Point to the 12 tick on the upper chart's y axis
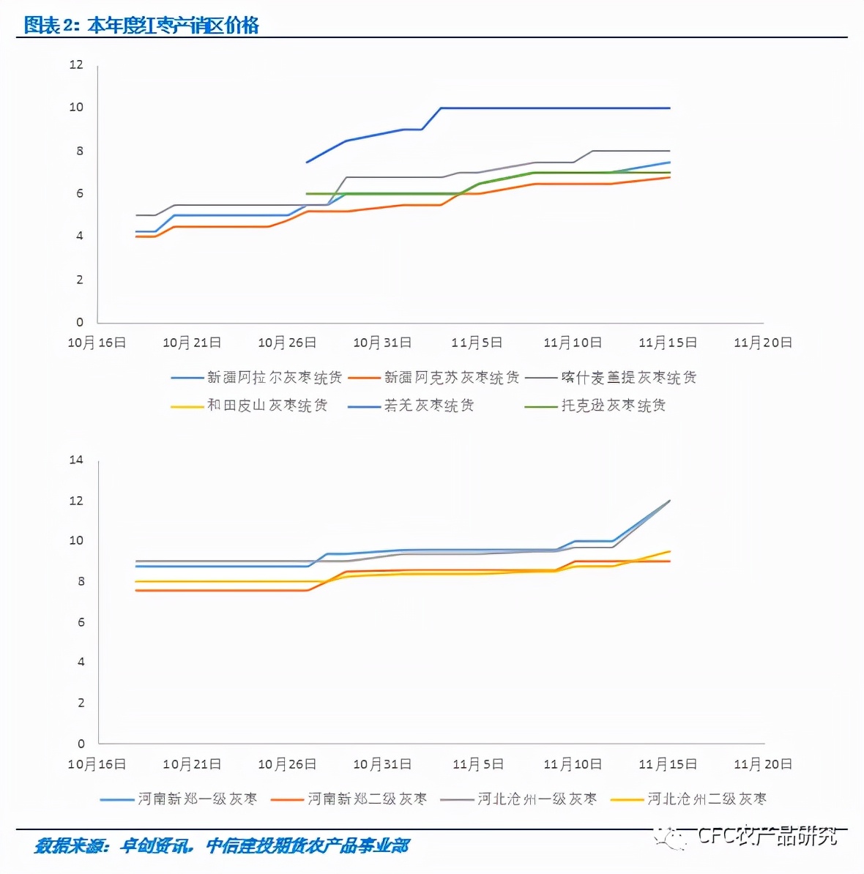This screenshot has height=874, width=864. coord(76,64)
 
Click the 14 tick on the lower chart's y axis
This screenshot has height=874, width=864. coord(76,460)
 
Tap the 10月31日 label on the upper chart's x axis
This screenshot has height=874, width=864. coord(382,343)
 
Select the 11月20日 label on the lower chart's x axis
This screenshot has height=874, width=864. coord(763,764)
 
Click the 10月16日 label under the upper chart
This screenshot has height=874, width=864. coord(97,343)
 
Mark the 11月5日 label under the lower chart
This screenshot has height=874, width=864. coord(477,764)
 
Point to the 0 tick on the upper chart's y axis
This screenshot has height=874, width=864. coord(80,322)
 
